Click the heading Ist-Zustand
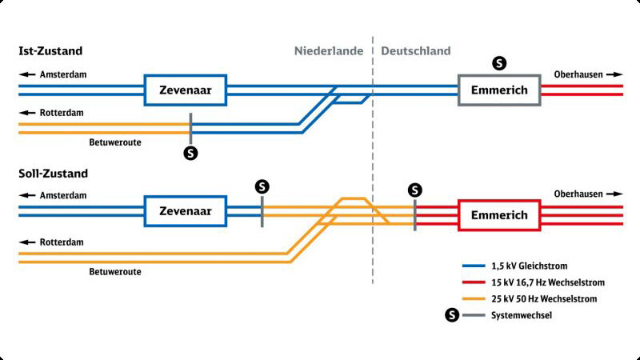point(50,51)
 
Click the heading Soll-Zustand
point(53,174)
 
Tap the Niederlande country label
point(329,51)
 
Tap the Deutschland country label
point(415,51)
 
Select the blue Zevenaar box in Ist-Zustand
point(186,75)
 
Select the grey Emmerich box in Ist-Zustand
point(499,75)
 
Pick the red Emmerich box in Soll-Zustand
point(499,201)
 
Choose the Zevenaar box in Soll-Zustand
point(186,197)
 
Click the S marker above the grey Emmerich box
point(499,63)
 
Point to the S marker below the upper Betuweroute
point(190,154)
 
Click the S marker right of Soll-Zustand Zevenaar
point(262,187)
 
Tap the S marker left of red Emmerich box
point(414,190)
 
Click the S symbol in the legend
point(452,315)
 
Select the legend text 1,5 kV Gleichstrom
point(529,266)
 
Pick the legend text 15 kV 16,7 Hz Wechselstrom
point(548,282)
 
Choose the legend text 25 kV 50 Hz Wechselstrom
point(544,298)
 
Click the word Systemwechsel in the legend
point(522,315)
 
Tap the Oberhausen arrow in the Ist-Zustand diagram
point(614,74)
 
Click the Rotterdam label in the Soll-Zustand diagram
point(62,242)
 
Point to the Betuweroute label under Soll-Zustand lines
point(115,272)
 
